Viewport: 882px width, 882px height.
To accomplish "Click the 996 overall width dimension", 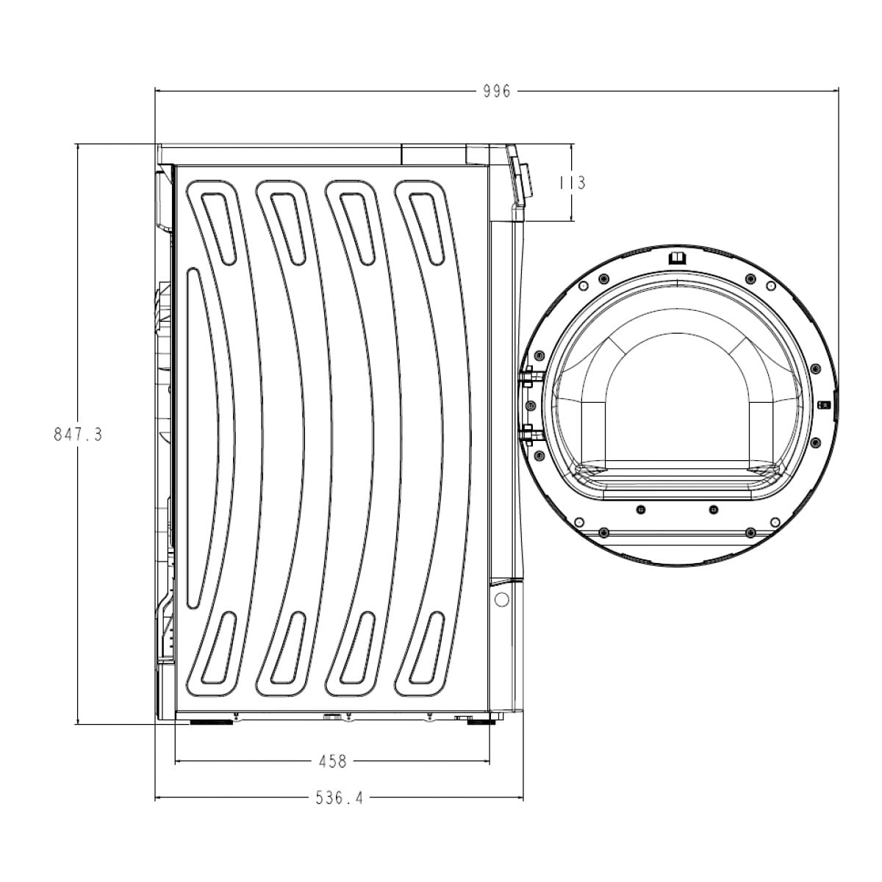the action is [x=497, y=92].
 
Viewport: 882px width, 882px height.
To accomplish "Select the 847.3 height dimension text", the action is [x=78, y=434].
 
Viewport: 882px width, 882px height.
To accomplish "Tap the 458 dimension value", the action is [x=333, y=761].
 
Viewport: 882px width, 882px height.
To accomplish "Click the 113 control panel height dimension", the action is [x=573, y=183].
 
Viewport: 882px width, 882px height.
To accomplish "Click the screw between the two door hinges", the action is [x=531, y=405].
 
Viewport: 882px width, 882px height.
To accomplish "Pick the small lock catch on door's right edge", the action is [x=823, y=404].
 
